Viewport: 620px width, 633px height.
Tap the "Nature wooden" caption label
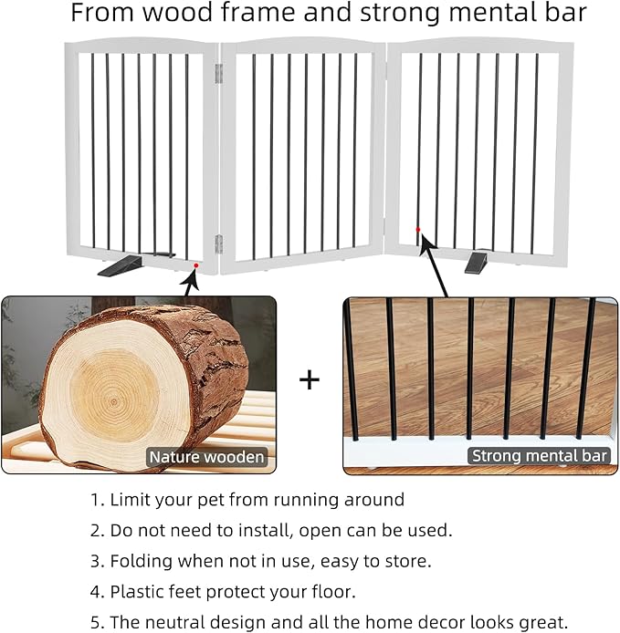coord(207,457)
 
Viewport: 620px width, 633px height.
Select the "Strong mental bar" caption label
coord(539,455)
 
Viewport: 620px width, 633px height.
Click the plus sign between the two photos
coord(310,379)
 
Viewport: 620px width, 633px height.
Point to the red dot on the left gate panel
coord(195,265)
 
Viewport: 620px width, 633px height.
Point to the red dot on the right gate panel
coord(418,229)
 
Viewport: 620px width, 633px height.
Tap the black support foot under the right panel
coord(477,263)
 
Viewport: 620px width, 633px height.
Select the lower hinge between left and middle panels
coord(218,243)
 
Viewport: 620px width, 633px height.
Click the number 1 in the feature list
coord(95,500)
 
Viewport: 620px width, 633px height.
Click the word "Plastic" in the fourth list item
coord(137,592)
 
